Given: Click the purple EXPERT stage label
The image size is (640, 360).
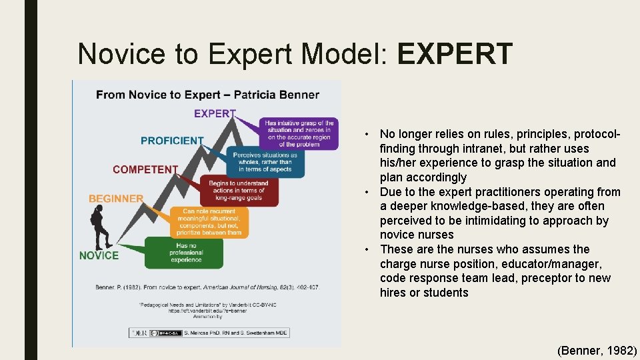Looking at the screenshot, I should (x=215, y=113).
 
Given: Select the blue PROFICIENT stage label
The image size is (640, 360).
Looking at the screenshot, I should (x=172, y=141).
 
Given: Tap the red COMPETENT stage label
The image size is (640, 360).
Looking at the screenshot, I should (x=145, y=169).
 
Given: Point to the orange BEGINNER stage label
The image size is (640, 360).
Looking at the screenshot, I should (x=116, y=199).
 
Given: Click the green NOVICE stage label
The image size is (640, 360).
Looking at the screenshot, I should (x=99, y=255).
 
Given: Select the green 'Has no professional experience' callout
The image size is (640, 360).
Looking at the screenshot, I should (x=186, y=253).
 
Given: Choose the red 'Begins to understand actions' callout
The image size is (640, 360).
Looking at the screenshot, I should (x=238, y=191).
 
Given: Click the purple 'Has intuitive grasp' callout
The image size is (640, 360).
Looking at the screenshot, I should (x=299, y=133).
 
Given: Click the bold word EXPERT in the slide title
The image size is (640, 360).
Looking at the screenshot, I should (x=455, y=54).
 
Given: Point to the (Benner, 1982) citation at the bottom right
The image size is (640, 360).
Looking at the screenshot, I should (x=597, y=349).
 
